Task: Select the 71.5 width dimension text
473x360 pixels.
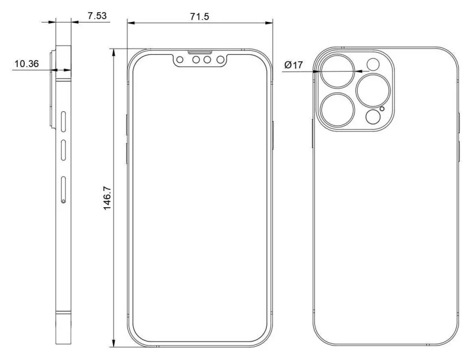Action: point(199,16)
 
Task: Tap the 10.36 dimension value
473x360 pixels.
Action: point(26,64)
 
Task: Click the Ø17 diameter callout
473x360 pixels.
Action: point(293,65)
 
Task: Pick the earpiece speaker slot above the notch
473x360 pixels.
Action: point(201,51)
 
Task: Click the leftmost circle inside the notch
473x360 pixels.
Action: point(181,59)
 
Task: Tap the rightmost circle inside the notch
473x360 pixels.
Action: point(220,59)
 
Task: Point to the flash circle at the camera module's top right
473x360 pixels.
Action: point(374,65)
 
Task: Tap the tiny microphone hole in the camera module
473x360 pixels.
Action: point(381,109)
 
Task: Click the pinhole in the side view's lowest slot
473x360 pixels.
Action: point(63,201)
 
